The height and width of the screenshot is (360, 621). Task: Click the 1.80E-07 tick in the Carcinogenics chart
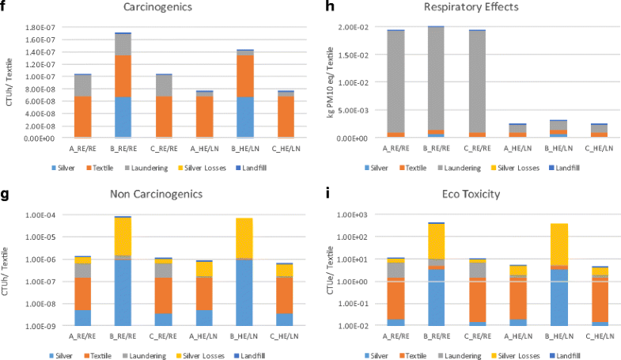click(x=40, y=28)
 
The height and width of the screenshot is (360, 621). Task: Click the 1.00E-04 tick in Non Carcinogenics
click(x=40, y=215)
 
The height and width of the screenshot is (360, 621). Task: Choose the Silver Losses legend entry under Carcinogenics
click(x=219, y=168)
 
